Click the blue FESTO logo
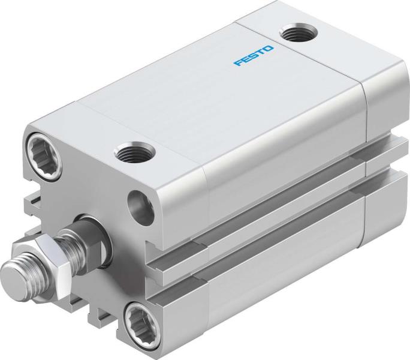coord(253,54)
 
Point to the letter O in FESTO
coord(269,46)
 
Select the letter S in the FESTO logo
coord(253,54)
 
